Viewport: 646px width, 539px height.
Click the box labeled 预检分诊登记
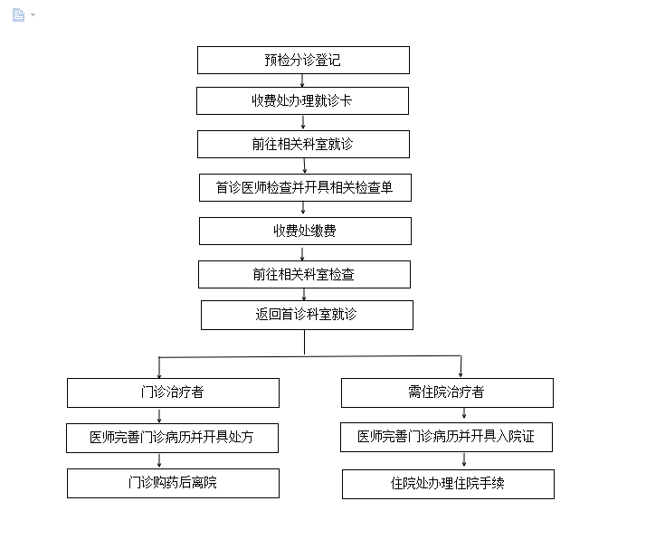303,60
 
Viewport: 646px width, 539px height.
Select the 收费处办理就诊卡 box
302,100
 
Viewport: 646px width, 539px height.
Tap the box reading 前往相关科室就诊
303,144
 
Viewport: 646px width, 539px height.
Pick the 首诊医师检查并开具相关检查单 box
305,187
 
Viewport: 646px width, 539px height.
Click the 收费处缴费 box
305,231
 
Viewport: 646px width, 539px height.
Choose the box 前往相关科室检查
305,274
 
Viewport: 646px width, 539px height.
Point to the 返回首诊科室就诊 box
307,315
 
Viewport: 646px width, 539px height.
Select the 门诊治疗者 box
173,392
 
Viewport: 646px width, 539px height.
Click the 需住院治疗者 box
448,392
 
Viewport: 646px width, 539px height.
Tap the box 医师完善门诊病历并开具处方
172,438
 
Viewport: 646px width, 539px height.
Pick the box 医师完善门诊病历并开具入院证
447,438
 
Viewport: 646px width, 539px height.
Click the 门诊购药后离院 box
173,484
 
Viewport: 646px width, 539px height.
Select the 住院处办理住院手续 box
448,484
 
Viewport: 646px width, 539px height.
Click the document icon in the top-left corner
18,15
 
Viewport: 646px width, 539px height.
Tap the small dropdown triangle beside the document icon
33,15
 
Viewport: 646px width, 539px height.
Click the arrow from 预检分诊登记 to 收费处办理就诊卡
302,80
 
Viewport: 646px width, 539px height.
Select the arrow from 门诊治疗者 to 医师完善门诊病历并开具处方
159,416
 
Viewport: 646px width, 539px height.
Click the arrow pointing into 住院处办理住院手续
464,460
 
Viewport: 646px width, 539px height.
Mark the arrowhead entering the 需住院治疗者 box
461,374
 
